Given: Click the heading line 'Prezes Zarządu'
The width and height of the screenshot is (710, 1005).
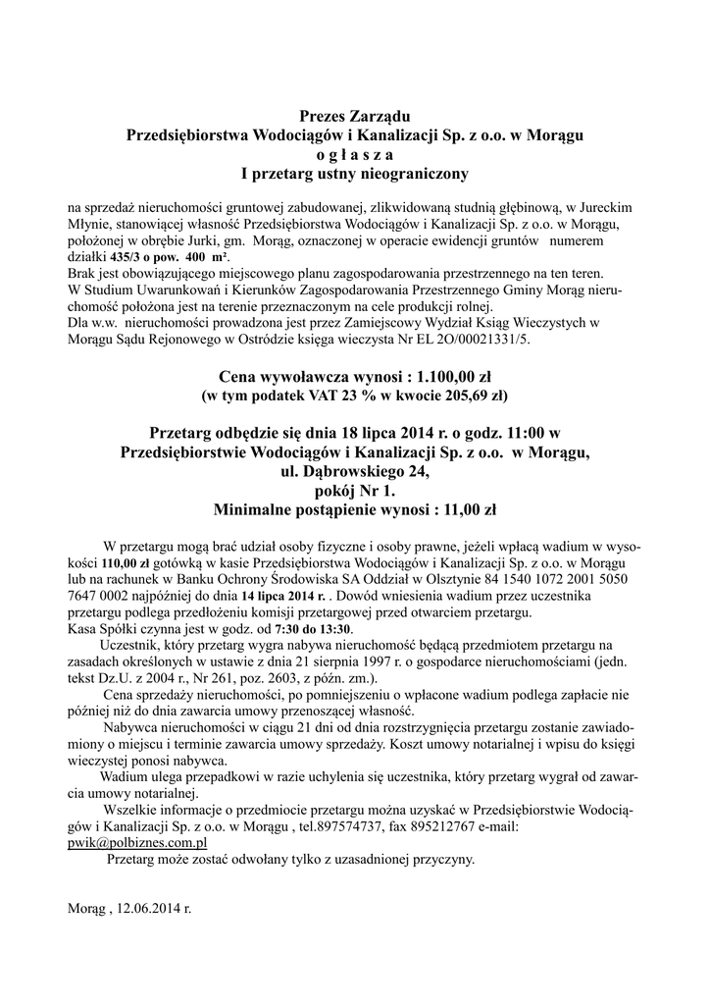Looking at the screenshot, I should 354,118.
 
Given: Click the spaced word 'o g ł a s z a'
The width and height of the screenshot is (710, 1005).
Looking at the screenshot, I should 354,156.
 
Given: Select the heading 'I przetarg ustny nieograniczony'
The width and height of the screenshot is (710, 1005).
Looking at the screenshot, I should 355,175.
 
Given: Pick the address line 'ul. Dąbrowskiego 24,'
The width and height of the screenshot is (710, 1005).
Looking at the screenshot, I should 354,472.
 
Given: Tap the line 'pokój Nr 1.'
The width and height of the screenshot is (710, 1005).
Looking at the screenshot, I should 354,491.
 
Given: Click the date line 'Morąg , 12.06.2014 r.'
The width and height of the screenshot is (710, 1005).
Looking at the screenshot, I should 129,909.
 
